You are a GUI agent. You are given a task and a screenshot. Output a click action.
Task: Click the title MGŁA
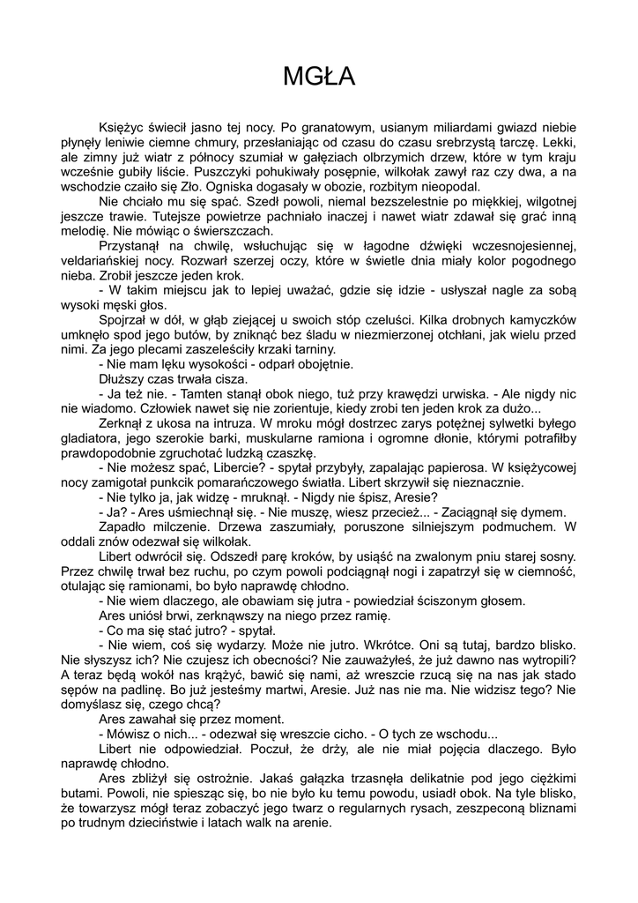(x=319, y=78)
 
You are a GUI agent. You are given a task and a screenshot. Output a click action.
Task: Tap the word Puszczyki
(x=227, y=172)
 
